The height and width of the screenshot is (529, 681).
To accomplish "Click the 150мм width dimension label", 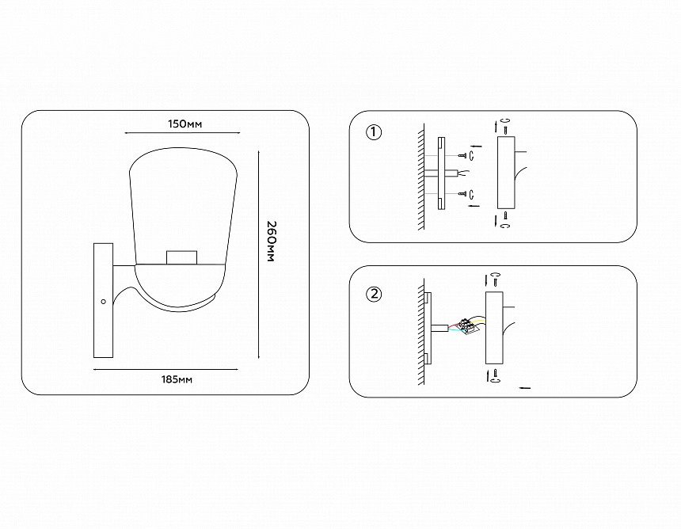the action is coord(185,124).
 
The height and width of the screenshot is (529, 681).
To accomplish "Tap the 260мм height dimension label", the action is coord(270,242).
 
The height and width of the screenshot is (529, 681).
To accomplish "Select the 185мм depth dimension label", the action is coord(177,379).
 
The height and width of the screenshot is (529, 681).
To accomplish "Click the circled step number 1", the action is coord(374,132).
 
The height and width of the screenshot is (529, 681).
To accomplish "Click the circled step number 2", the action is coord(374,295).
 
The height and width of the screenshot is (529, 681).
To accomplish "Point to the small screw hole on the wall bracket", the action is coord(104,302).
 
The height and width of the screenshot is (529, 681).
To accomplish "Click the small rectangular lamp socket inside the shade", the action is coord(181,257).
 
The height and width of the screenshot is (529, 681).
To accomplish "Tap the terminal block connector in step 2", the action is coord(469,326).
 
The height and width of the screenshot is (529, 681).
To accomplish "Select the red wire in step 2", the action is coord(455,325).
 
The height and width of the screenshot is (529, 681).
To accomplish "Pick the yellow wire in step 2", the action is coord(478,322).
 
